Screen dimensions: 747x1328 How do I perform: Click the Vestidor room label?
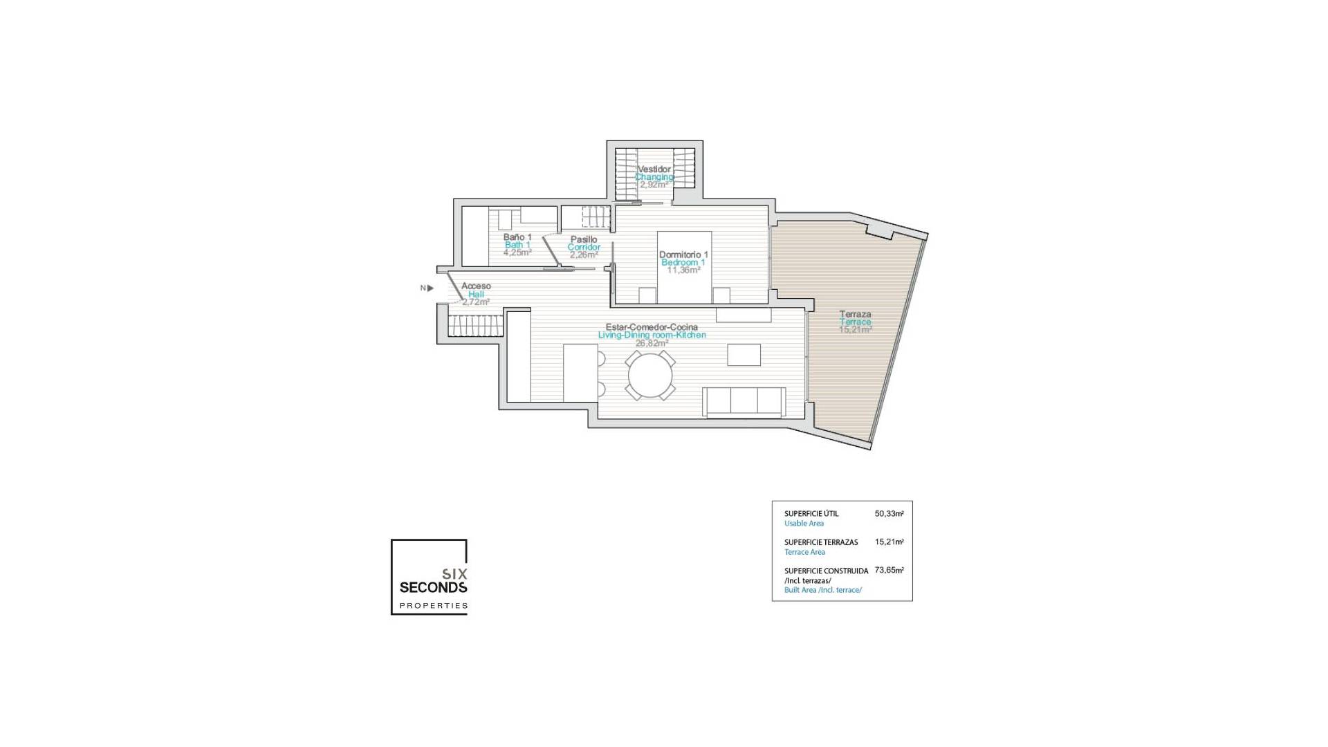tap(654, 169)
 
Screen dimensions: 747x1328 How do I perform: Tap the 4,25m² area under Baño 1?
tap(517, 253)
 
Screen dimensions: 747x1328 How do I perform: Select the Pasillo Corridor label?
tap(584, 243)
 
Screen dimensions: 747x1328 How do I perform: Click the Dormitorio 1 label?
tap(683, 255)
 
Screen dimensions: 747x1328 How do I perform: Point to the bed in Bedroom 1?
tap(684, 267)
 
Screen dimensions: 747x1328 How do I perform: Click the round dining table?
tap(649, 376)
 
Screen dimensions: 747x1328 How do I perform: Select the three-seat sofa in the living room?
tap(744, 402)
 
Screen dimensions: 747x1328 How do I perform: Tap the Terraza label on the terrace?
tap(855, 314)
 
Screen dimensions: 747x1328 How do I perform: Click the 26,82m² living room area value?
tap(652, 343)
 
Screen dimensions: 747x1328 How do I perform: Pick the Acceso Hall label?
tap(476, 290)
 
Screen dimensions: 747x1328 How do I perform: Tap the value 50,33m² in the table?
tap(889, 514)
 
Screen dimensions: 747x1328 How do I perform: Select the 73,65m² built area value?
tap(889, 571)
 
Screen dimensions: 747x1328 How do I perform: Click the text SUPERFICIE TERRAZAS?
tap(820, 542)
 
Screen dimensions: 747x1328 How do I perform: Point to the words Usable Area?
tap(804, 524)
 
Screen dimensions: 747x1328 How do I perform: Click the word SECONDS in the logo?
tap(433, 587)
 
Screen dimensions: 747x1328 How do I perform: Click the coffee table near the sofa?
tap(744, 355)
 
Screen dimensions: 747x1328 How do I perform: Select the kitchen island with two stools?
tap(580, 373)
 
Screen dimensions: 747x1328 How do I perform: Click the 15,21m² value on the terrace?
tap(855, 330)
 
